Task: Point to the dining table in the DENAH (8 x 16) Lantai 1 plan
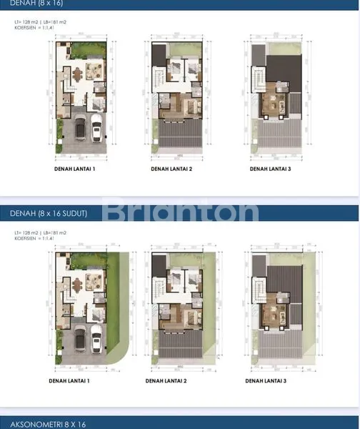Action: pos(76,74)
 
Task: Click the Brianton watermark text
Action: pos(180,212)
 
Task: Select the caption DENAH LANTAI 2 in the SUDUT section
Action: pos(169,381)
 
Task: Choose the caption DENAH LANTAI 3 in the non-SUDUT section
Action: pos(268,169)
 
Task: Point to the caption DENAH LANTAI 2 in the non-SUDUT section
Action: pos(169,169)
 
